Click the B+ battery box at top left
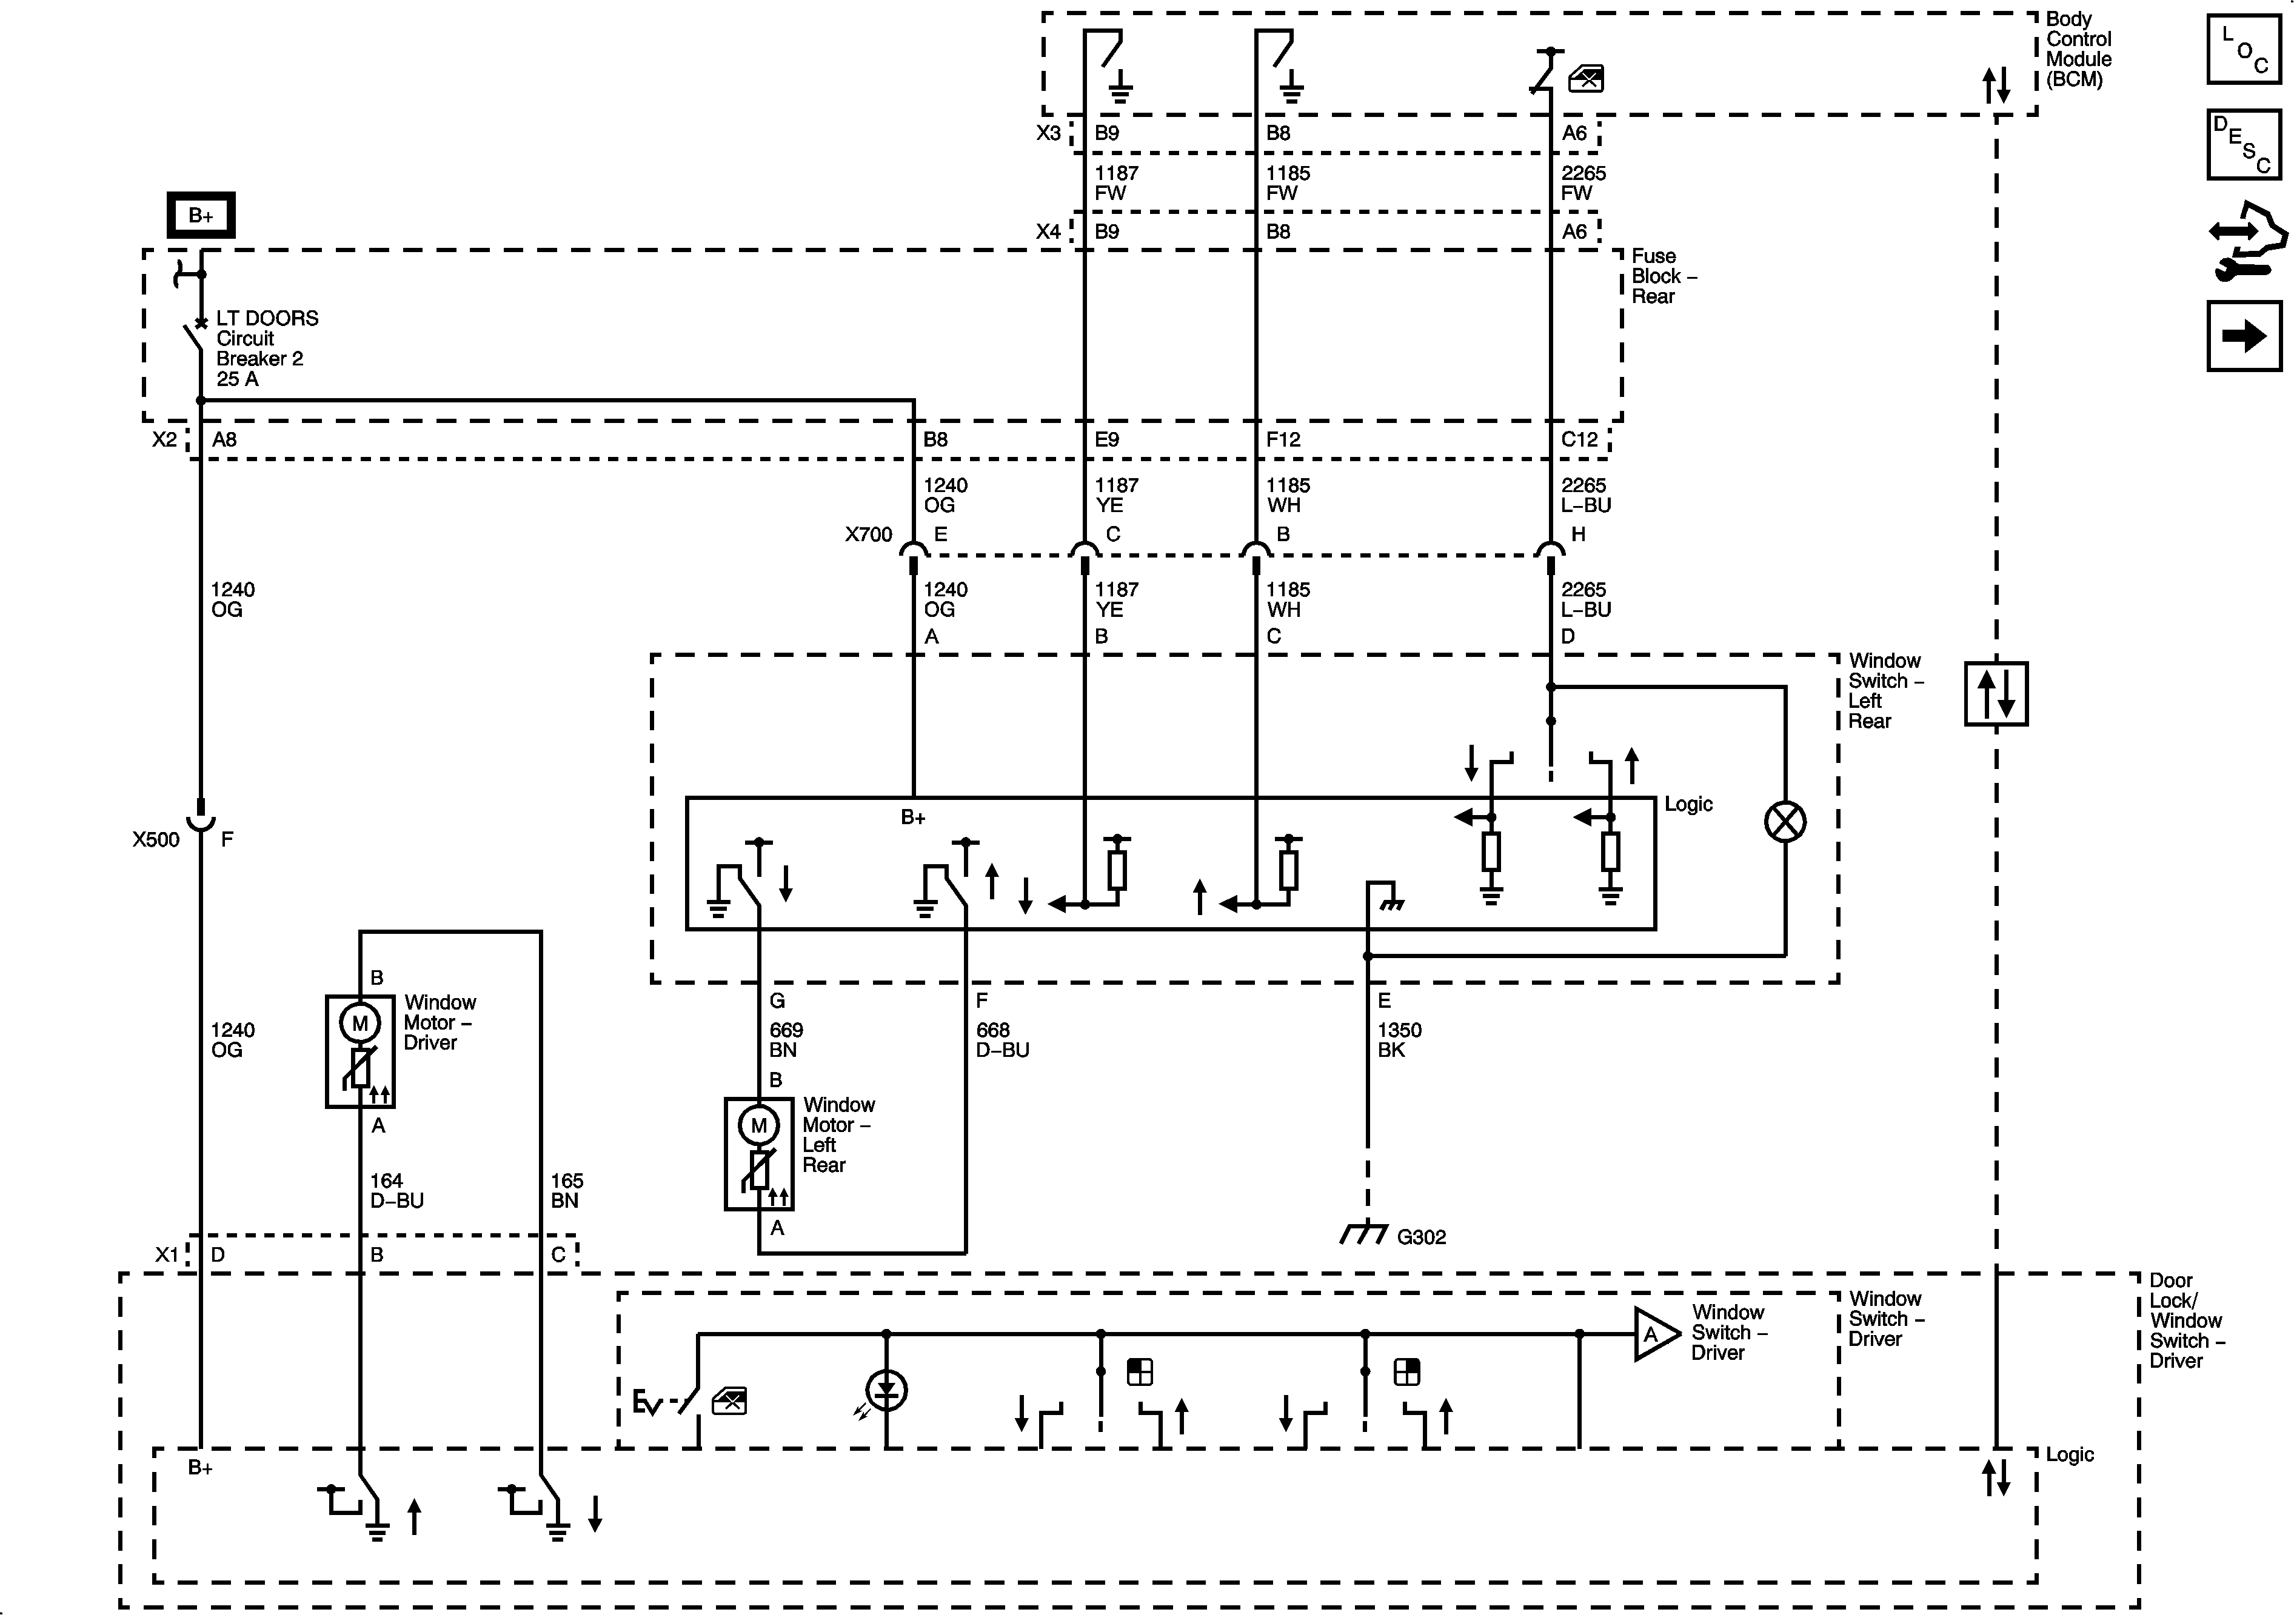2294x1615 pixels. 200,215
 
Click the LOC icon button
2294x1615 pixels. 2243,48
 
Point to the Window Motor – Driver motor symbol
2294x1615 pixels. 359,1023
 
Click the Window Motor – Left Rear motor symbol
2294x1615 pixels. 758,1125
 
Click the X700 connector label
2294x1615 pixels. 868,534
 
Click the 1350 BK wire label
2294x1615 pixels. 1398,1040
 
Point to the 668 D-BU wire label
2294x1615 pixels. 1001,1040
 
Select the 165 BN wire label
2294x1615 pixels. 566,1191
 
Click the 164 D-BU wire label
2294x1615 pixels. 396,1191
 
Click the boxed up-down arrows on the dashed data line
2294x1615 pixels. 1995,693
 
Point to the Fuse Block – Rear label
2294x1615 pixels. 1662,276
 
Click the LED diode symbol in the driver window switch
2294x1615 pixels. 885,1390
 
